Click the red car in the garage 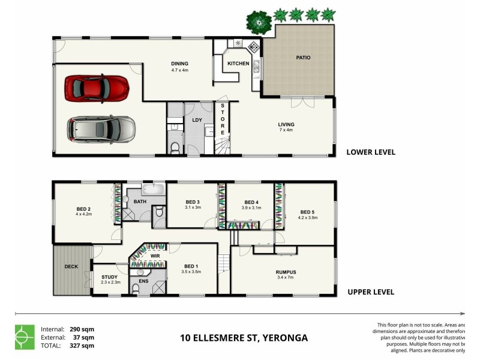(97, 88)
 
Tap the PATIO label (304, 58)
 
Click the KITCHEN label (238, 64)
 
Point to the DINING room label (179, 64)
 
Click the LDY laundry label (196, 119)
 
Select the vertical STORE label (222, 119)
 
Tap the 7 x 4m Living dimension (286, 130)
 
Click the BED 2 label (82, 208)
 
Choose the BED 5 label (307, 212)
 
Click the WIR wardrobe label (154, 256)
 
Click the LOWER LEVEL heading (371, 152)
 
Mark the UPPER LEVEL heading (371, 292)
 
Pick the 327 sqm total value (83, 345)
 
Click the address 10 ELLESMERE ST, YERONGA (244, 338)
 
